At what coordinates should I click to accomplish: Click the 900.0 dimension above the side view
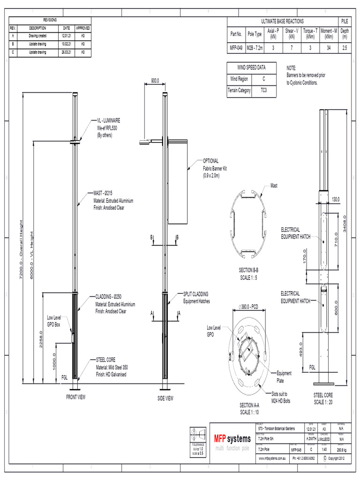[155, 81]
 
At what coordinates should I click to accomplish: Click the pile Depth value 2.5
[345, 48]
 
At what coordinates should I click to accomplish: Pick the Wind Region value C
[263, 79]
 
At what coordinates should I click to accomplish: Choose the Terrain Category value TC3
[263, 90]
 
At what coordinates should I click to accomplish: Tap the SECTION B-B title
[249, 270]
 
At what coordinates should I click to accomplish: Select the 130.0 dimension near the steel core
[336, 200]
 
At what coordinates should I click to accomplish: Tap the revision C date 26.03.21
[66, 52]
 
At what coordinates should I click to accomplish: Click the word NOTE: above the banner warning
[291, 68]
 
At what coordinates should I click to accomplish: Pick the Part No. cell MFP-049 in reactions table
[236, 48]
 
